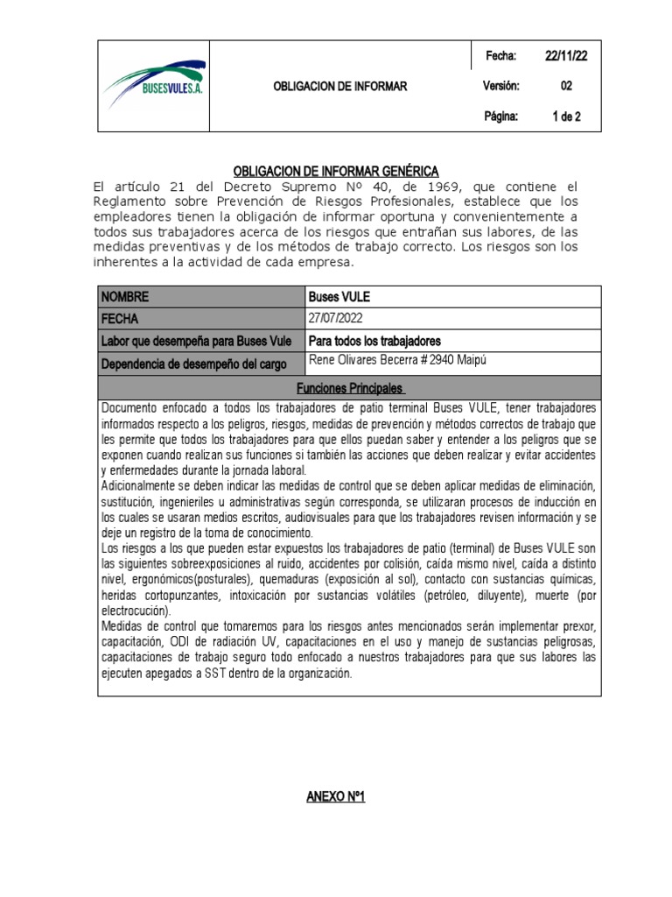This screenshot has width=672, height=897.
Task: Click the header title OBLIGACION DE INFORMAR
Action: pos(340,86)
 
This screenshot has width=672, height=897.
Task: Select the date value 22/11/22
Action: pos(566,56)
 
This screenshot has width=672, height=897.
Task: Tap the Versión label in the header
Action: pos(501,86)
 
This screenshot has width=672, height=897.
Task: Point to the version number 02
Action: pos(566,86)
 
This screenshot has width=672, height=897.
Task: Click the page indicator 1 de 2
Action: pos(566,116)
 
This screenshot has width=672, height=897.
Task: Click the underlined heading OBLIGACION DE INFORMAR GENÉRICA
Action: pos(336,171)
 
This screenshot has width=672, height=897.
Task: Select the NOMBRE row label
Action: pos(126,297)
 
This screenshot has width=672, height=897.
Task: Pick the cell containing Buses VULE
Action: pos(340,297)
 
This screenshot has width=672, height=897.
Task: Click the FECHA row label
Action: pos(121,319)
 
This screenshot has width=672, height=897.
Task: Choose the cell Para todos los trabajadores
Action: pos(374,341)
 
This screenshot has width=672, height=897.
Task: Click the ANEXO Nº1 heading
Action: pos(335,796)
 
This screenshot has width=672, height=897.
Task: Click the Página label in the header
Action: pos(501,116)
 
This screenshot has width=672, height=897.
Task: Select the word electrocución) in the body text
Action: pos(137,611)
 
